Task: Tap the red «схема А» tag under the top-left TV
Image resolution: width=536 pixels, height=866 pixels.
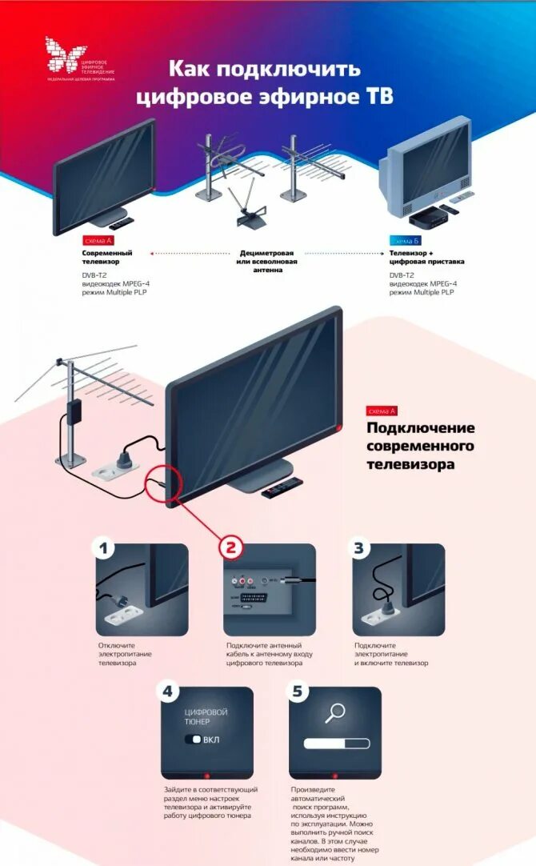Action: click(98, 240)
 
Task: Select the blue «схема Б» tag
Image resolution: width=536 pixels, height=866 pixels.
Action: click(405, 240)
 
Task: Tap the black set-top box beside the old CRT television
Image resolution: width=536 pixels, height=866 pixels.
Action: click(426, 217)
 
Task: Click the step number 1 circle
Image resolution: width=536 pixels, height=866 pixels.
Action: click(103, 548)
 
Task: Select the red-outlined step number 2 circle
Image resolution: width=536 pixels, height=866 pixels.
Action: click(230, 547)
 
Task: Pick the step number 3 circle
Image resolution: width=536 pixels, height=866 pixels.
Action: click(359, 548)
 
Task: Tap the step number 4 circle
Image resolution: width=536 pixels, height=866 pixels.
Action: click(167, 691)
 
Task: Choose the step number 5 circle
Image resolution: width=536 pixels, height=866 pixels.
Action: click(296, 691)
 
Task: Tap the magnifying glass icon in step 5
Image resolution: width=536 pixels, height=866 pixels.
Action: click(335, 712)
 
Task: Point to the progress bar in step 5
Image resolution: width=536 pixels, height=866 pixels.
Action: click(336, 744)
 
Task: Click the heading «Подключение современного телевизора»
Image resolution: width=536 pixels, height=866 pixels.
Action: click(420, 446)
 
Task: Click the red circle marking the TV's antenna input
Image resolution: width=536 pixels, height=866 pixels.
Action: click(164, 483)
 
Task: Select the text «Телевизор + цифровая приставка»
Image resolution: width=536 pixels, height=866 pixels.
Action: click(426, 257)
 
